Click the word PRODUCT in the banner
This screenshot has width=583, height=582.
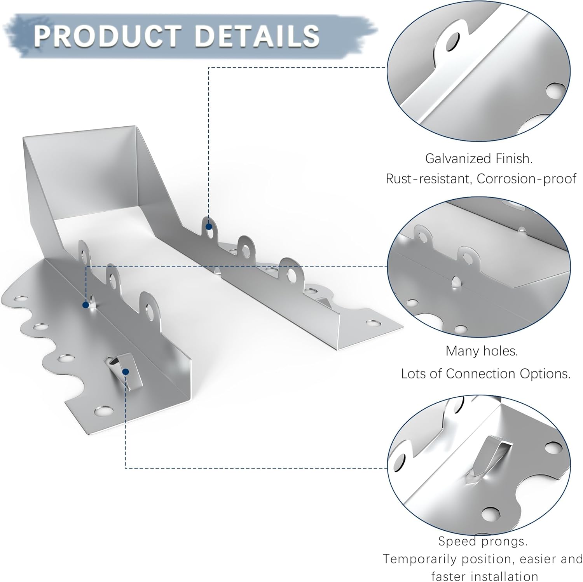[x=107, y=35]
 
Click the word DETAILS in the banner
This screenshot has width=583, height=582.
[x=257, y=35]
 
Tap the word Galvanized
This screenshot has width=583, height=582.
[x=457, y=159]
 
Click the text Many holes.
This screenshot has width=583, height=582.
[x=482, y=351]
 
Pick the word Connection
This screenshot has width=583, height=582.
[x=480, y=373]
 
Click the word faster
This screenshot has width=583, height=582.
[x=447, y=576]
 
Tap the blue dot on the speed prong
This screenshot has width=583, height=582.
[x=125, y=372]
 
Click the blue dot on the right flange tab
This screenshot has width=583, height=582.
[x=209, y=227]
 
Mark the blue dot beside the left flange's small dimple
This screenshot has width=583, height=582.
[x=86, y=305]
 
